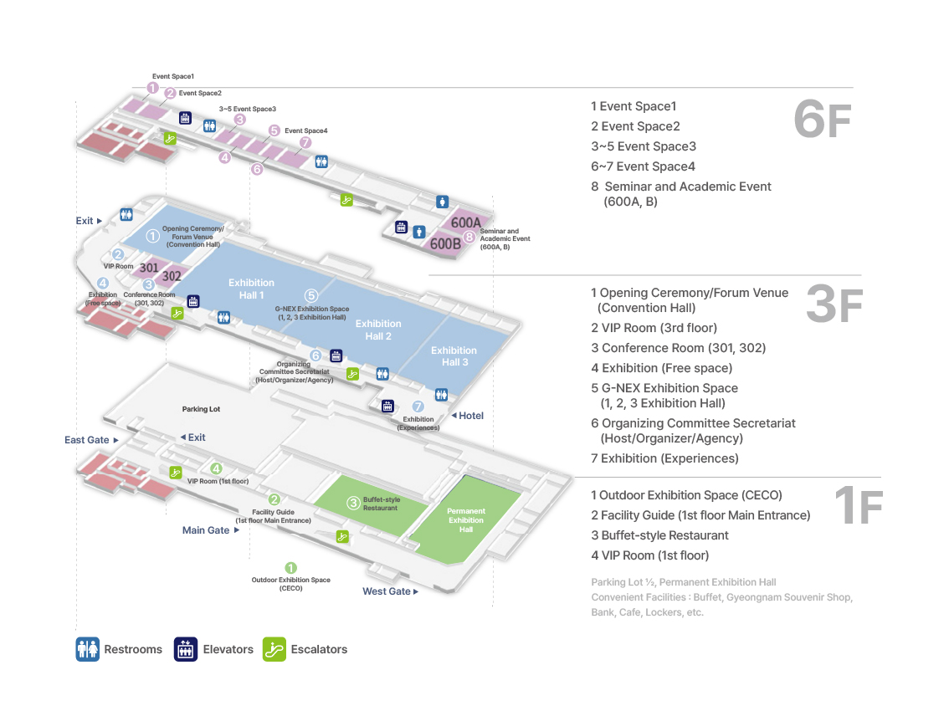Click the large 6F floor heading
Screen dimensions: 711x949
[x=822, y=121]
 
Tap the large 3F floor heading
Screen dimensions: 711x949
[x=834, y=305]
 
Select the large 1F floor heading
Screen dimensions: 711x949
[x=859, y=507]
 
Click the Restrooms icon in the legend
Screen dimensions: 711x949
[x=87, y=649]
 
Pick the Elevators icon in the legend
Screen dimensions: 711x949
[x=185, y=649]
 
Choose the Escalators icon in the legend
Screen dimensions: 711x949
[x=274, y=649]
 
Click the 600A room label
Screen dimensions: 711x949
[x=466, y=223]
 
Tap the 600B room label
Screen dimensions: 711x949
[x=445, y=244]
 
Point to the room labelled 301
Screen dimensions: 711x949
[x=149, y=268]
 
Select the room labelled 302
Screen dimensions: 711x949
[x=172, y=275]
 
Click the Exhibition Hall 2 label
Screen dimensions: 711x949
[x=378, y=330]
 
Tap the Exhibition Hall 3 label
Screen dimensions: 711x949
[x=454, y=356]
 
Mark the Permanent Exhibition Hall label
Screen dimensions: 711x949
[x=466, y=520]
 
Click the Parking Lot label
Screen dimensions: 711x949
[x=201, y=409]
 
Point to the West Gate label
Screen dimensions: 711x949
[x=387, y=591]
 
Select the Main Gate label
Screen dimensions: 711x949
[x=206, y=530]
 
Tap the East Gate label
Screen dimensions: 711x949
[x=87, y=440]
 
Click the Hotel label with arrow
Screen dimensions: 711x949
[x=468, y=416]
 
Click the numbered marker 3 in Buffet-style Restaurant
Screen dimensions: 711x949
[x=354, y=504]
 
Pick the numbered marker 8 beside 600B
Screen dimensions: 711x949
[x=469, y=238]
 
